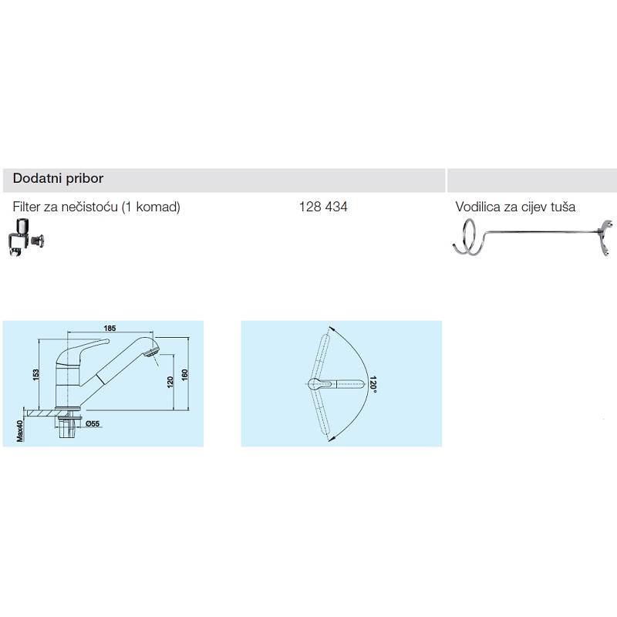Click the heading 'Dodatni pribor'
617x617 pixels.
click(x=58, y=179)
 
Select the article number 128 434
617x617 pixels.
click(x=323, y=207)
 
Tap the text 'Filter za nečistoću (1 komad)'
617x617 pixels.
click(x=96, y=207)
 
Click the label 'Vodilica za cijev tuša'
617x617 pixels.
click(x=515, y=207)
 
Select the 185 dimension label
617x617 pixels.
click(x=110, y=328)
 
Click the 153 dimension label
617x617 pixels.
click(x=35, y=375)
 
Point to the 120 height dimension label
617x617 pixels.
click(x=170, y=382)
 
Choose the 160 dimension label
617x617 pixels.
click(x=184, y=374)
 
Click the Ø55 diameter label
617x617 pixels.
click(x=93, y=423)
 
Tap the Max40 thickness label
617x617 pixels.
click(x=20, y=431)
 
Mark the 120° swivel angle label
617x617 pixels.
click(x=373, y=384)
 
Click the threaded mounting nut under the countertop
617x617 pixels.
click(x=69, y=428)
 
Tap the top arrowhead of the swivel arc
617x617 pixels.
click(x=331, y=329)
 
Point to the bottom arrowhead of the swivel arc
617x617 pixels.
click(x=331, y=438)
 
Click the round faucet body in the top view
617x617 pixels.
click(x=315, y=383)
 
